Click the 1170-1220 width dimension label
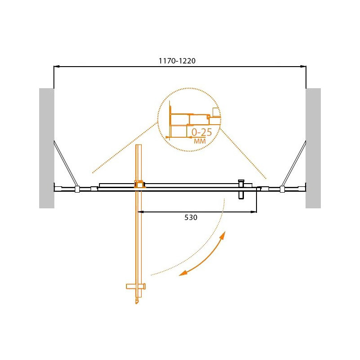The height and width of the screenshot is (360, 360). (177, 61)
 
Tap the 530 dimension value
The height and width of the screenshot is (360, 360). (191, 217)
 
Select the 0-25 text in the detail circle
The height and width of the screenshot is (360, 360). (202, 132)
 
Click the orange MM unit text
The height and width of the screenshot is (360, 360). (200, 141)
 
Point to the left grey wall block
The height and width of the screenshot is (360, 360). (47, 148)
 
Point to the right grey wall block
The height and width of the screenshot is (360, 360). (313, 148)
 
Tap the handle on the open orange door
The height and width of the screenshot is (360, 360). (136, 286)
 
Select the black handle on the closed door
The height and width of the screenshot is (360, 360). (241, 189)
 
